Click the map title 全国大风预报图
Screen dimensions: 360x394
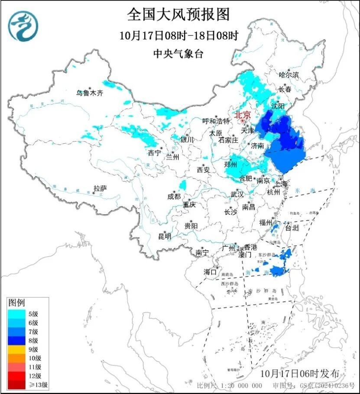click(x=178, y=15)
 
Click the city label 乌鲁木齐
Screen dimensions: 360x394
click(x=90, y=93)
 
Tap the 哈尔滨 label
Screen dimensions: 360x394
click(x=289, y=75)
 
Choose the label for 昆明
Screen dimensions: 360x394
click(x=165, y=236)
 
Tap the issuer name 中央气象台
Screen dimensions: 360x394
click(x=178, y=54)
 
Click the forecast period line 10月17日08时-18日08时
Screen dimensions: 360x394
click(x=179, y=36)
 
